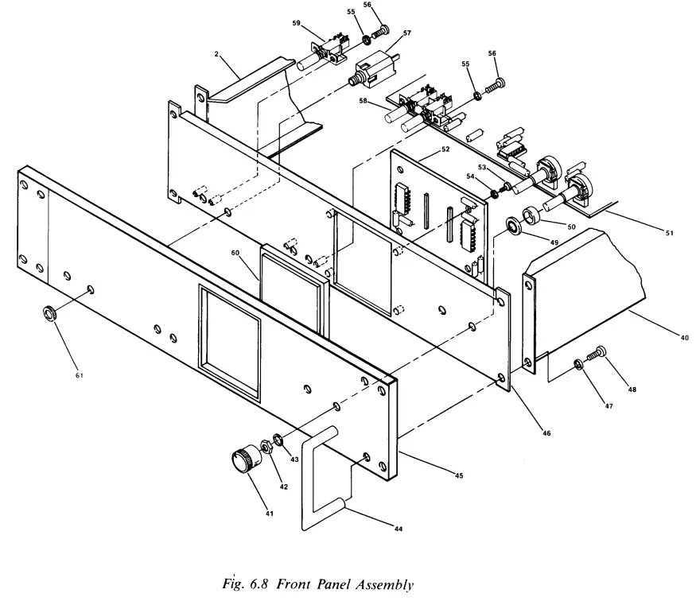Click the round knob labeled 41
coord(242,460)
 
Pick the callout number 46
coord(546,433)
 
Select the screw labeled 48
coord(599,351)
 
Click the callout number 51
coord(668,233)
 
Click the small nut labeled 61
coord(49,312)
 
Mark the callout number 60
coord(235,253)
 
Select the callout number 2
coord(216,54)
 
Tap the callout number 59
coord(296,23)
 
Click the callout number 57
coord(406,33)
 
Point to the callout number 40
coord(684,337)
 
